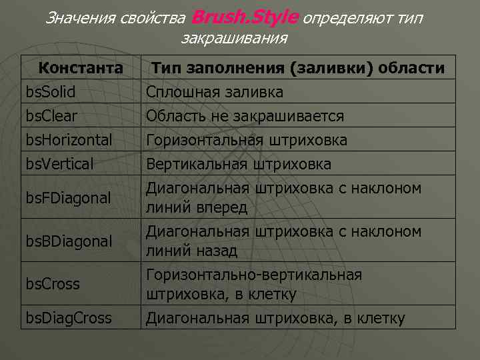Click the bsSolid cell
point(51,92)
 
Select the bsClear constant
point(51,116)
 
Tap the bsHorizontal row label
point(69,140)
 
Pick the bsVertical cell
point(59,164)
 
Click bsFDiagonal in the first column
point(68,198)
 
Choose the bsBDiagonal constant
point(69,241)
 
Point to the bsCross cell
point(53,283)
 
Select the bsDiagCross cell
point(69,319)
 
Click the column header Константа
point(80,68)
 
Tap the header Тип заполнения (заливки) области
point(298,68)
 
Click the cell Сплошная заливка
point(215,92)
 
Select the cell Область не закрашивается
point(245,116)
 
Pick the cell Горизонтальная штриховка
point(247,140)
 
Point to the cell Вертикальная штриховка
point(239,164)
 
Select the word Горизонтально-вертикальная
point(255,275)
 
